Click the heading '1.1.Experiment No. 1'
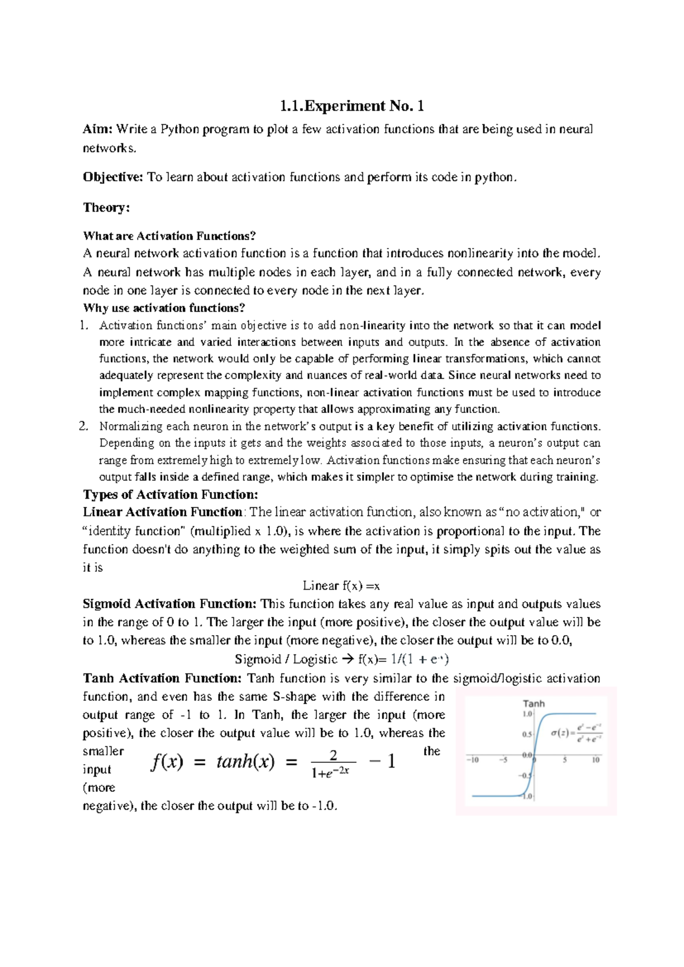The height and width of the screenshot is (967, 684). [x=352, y=106]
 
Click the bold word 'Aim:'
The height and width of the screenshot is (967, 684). [x=97, y=129]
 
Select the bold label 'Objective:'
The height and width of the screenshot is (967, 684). [x=112, y=177]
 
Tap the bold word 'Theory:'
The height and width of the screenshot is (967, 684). [x=106, y=208]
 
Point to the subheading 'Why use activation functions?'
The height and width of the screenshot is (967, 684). [x=164, y=308]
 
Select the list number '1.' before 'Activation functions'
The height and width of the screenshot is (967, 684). [x=84, y=326]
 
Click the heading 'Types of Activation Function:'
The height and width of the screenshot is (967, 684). [x=170, y=494]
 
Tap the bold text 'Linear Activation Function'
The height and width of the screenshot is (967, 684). [x=162, y=512]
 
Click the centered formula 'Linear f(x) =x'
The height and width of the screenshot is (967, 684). [x=341, y=586]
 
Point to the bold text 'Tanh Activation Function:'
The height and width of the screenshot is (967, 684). [x=162, y=678]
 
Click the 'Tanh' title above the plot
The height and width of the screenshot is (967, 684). [x=534, y=704]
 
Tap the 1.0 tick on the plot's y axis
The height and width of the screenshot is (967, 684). [x=527, y=714]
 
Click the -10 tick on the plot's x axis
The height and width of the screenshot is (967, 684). [x=473, y=760]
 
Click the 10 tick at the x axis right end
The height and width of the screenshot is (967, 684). [x=596, y=760]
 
